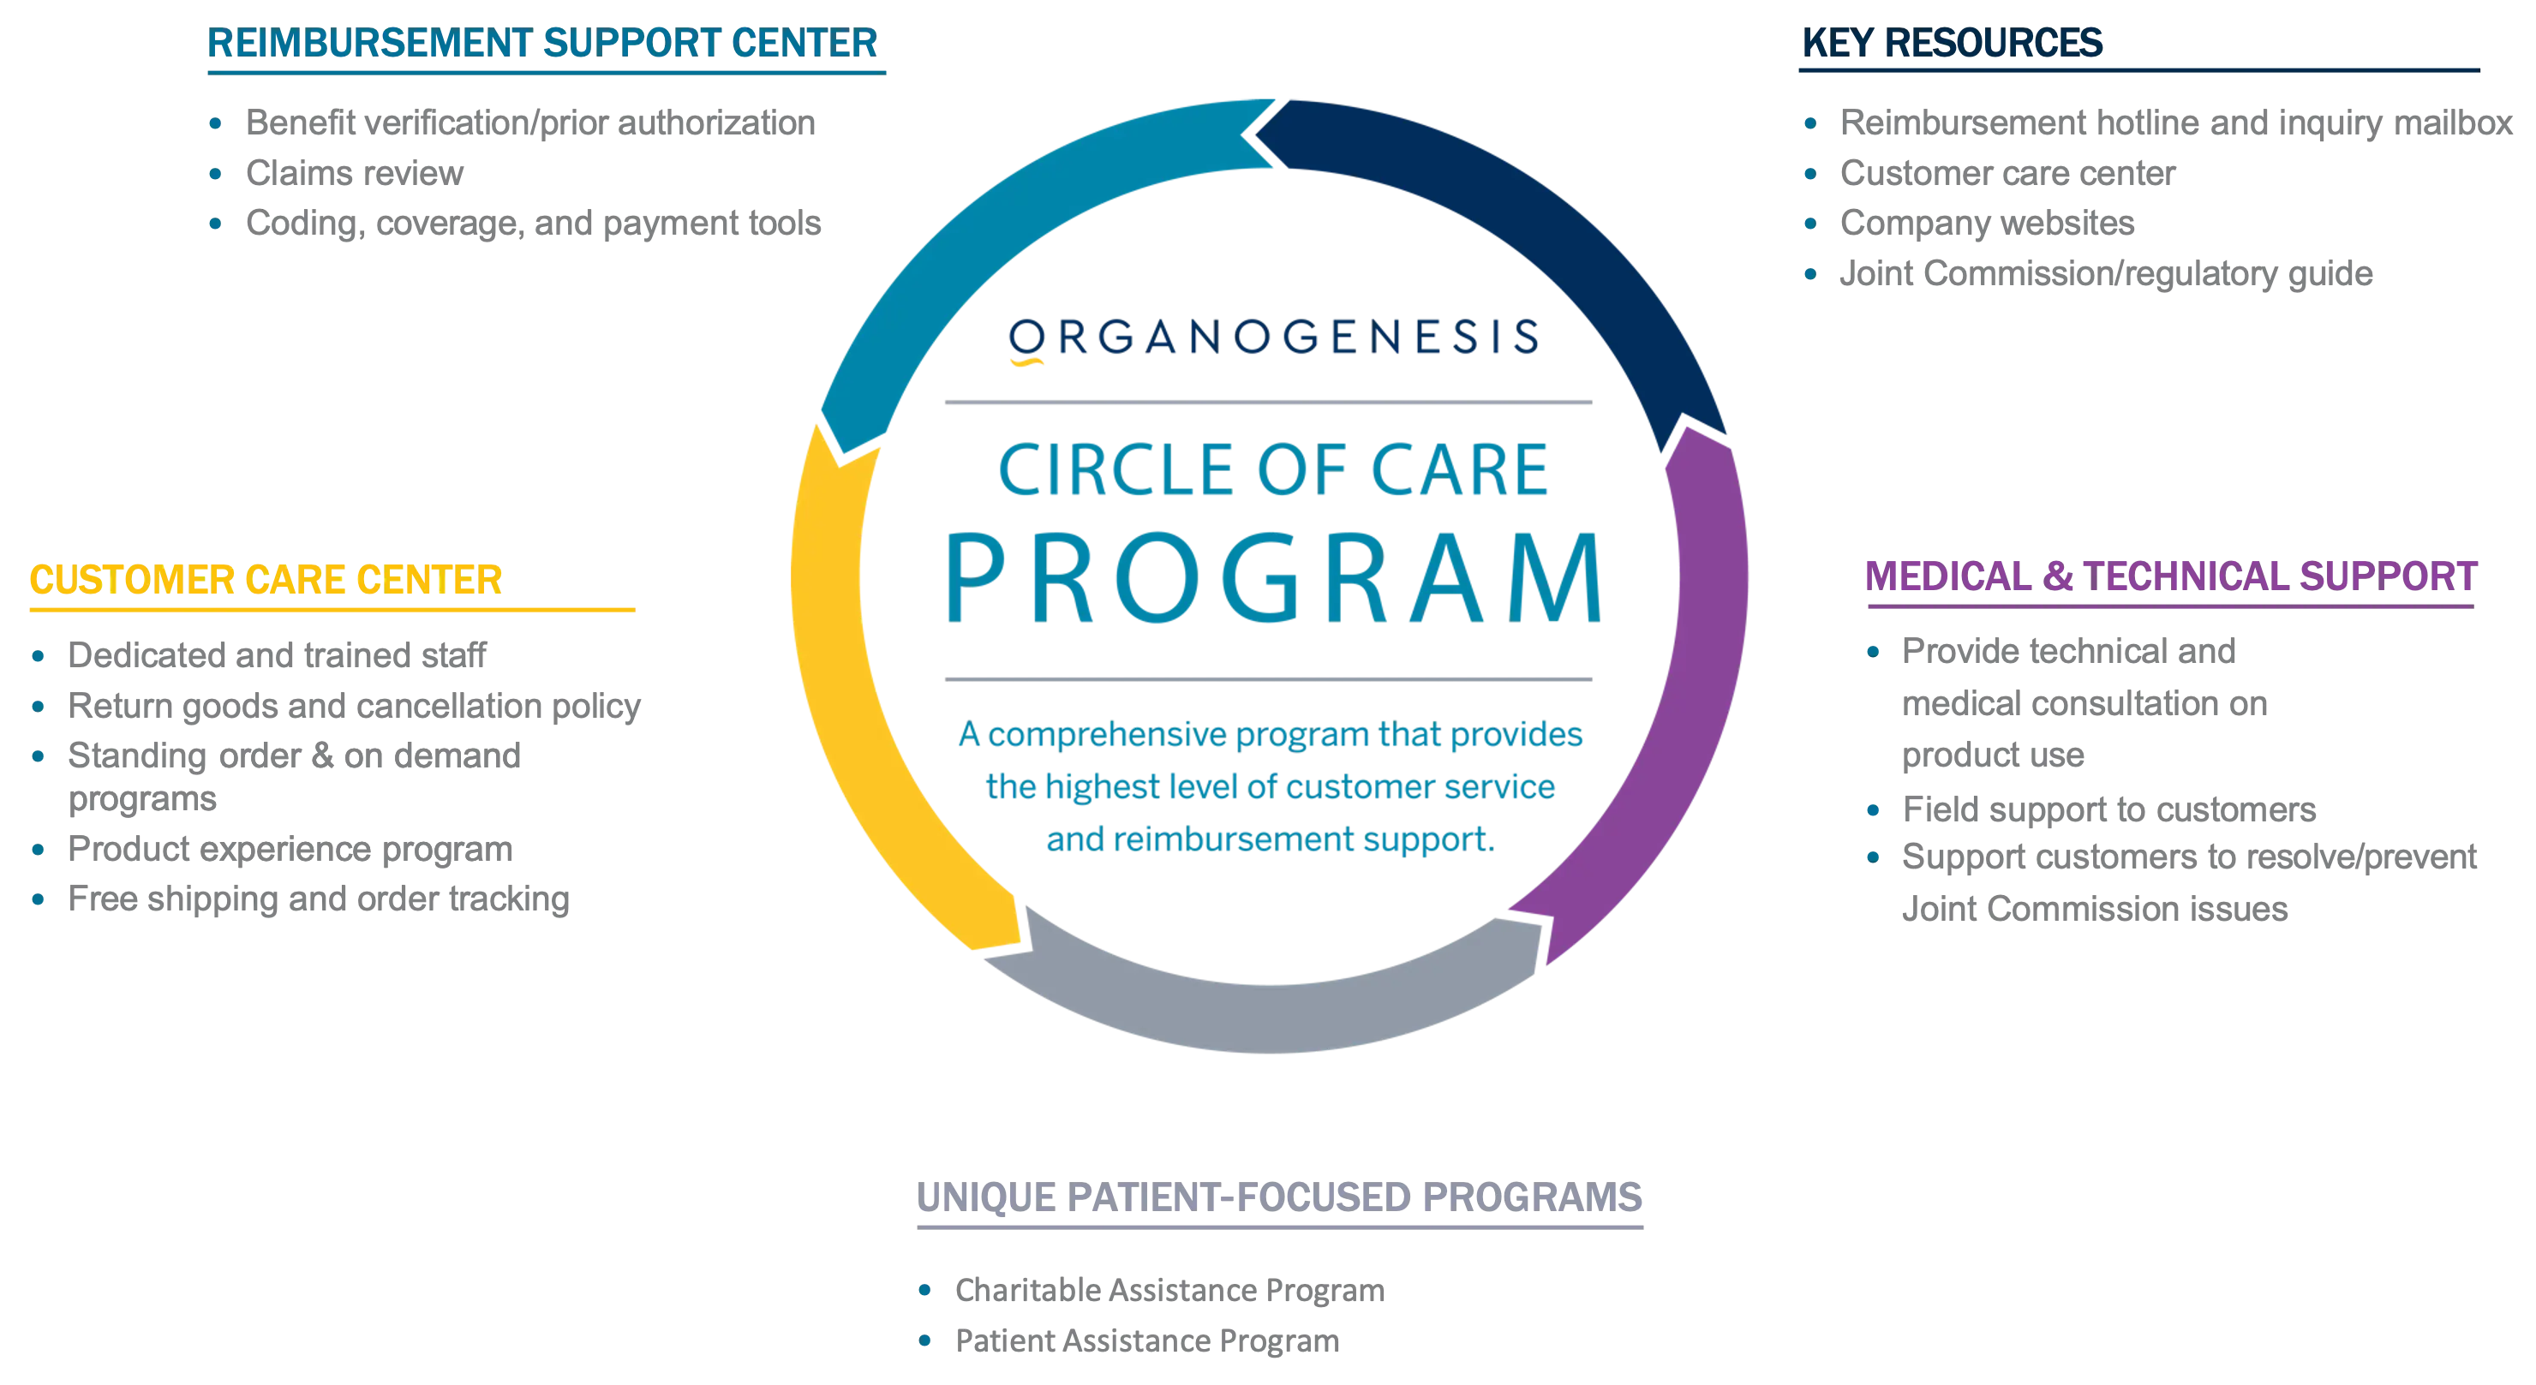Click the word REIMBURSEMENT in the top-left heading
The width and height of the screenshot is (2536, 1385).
[365, 45]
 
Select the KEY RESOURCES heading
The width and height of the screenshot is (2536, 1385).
[1951, 45]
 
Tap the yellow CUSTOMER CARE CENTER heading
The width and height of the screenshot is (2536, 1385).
[266, 580]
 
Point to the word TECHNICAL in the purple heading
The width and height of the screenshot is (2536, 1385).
[2186, 578]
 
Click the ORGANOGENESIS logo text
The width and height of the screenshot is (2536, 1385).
[1275, 337]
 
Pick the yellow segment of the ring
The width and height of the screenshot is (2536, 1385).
[866, 689]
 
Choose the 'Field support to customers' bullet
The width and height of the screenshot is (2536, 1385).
[2107, 810]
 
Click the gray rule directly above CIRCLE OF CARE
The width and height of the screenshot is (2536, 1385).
[1268, 403]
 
